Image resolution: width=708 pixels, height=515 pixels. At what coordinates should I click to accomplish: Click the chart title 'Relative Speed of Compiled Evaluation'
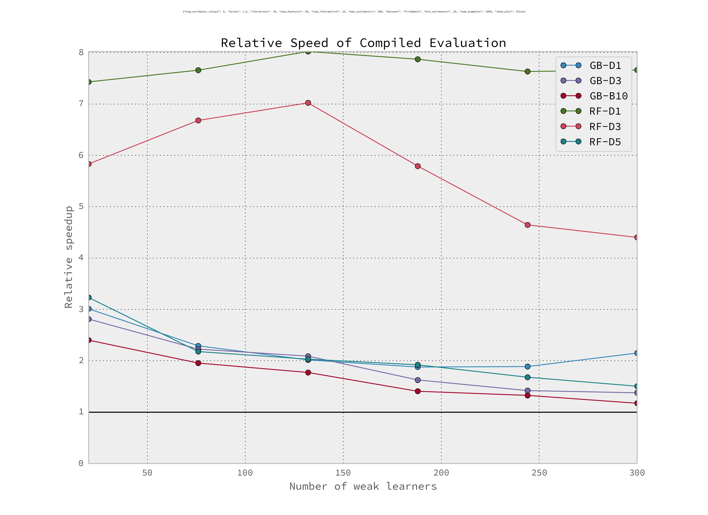pyautogui.click(x=363, y=43)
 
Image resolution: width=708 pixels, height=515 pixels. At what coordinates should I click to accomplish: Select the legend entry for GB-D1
pyautogui.click(x=605, y=66)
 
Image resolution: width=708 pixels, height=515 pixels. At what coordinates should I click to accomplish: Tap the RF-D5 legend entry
pyautogui.click(x=605, y=142)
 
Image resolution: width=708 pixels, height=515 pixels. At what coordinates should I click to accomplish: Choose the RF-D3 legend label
pyautogui.click(x=605, y=126)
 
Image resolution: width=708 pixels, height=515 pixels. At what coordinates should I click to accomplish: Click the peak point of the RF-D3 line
pyautogui.click(x=308, y=103)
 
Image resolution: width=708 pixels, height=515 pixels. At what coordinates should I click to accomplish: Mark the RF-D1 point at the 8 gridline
pyautogui.click(x=308, y=51)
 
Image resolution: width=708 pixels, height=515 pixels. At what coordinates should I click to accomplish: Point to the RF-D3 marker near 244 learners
pyautogui.click(x=528, y=225)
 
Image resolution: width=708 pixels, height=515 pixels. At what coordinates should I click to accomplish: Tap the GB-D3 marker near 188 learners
pyautogui.click(x=418, y=380)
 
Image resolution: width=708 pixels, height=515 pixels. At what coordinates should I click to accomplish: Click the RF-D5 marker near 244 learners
pyautogui.click(x=528, y=377)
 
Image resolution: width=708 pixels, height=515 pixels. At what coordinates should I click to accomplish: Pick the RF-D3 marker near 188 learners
pyautogui.click(x=418, y=166)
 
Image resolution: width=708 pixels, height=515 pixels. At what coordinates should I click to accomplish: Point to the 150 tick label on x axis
pyautogui.click(x=343, y=473)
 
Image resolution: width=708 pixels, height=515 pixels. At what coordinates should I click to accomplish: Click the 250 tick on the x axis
pyautogui.click(x=539, y=473)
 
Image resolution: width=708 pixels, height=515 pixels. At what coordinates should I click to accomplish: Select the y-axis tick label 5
pyautogui.click(x=81, y=206)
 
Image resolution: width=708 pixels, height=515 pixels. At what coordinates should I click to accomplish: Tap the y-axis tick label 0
pyautogui.click(x=81, y=463)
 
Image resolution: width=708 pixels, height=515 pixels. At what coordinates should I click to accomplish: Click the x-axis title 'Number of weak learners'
pyautogui.click(x=363, y=486)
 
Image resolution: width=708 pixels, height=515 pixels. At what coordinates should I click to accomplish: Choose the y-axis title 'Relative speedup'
pyautogui.click(x=69, y=257)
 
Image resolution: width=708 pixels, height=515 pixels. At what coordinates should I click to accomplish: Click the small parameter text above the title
pyautogui.click(x=354, y=12)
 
